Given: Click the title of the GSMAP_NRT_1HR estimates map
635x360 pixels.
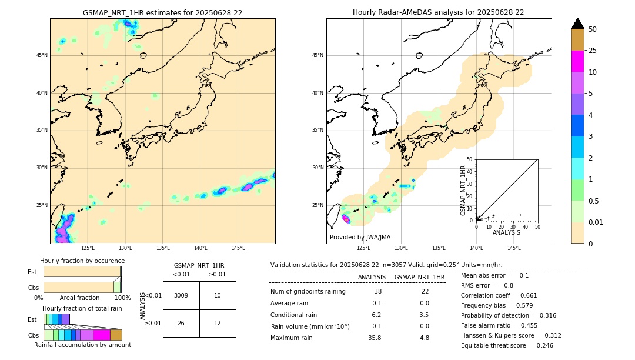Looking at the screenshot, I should coord(162,12).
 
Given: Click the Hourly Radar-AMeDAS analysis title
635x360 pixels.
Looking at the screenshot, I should coord(439,12).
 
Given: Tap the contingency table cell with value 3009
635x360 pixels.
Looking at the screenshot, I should coord(181,295).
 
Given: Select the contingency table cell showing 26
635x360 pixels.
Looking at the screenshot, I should coord(181,323).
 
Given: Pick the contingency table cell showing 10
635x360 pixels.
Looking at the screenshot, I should coord(218,295).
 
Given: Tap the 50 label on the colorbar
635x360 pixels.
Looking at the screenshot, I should coord(593,29).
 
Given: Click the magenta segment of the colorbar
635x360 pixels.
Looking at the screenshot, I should coord(578,61).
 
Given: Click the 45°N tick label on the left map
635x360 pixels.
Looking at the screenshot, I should coord(42,55).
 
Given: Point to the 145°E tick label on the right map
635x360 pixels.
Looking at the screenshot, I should coord(514,248).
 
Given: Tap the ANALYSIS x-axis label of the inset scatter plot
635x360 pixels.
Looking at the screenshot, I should coord(506,232).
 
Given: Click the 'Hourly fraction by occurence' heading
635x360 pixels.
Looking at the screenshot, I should coord(82,261).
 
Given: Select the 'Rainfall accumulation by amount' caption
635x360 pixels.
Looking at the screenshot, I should coord(82,345).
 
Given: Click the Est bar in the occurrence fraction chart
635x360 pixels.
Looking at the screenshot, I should coord(82,272).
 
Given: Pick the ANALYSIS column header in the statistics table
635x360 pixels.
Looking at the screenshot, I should coord(372,277).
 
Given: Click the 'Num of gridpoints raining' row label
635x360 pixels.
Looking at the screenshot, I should coord(308,292).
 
